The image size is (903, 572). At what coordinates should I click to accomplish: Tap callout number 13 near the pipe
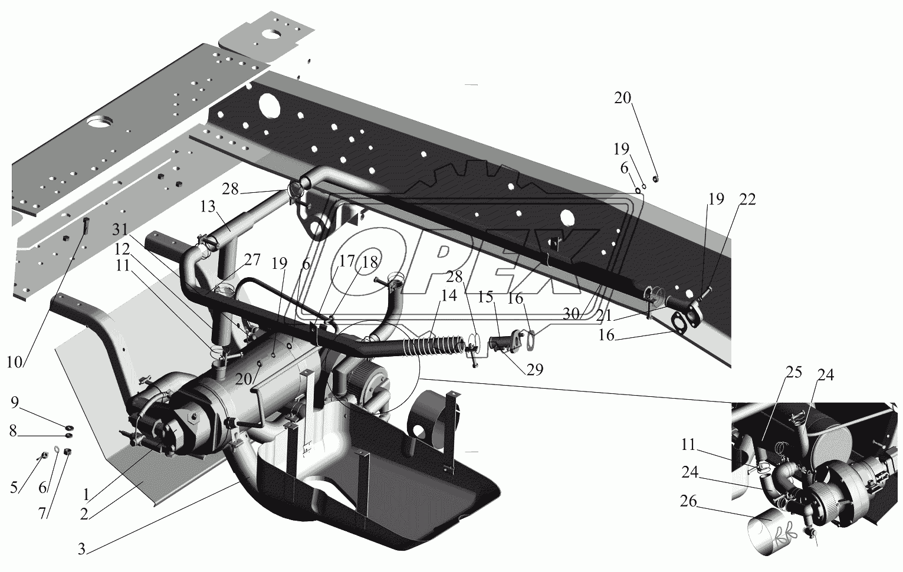(x=207, y=207)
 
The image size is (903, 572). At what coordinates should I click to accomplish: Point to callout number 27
(x=252, y=261)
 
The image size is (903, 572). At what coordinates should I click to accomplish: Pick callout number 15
(x=486, y=298)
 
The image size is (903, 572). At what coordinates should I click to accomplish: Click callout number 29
(x=535, y=369)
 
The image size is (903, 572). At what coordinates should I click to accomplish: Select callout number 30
(x=570, y=314)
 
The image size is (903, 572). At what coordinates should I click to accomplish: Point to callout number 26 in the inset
(x=688, y=502)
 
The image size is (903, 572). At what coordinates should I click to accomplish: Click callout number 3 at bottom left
(x=83, y=550)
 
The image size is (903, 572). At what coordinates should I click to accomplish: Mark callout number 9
(x=15, y=403)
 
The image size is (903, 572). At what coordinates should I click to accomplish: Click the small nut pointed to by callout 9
(x=69, y=426)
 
